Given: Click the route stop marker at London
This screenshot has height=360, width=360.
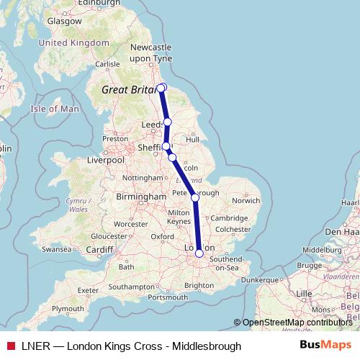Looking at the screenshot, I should [x=199, y=253].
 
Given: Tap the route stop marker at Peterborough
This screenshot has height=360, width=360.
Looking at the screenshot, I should [x=194, y=197].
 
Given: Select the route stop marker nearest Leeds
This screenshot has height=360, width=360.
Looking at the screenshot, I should [x=167, y=122].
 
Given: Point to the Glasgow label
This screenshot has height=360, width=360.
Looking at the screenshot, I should [x=64, y=21].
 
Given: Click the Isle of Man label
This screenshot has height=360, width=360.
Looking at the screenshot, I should [x=55, y=109].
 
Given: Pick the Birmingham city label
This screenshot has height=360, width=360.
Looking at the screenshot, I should [x=142, y=197].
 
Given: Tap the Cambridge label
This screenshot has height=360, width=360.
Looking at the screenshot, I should [x=230, y=218].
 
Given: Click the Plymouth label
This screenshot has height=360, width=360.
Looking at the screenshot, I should [x=68, y=307].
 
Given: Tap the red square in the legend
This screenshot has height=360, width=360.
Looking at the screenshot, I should [x=11, y=346].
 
